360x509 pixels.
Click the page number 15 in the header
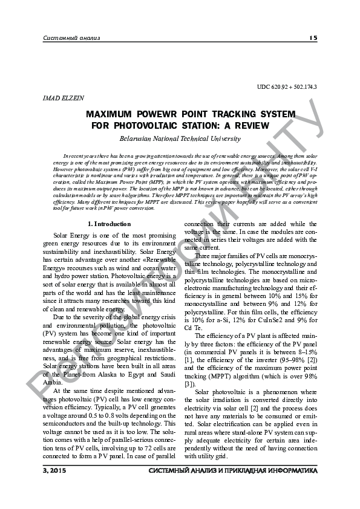click(x=313, y=37)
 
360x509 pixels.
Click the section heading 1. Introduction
click(x=109, y=207)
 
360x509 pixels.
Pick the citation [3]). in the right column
click(x=191, y=383)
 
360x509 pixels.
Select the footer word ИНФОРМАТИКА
click(x=284, y=470)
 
